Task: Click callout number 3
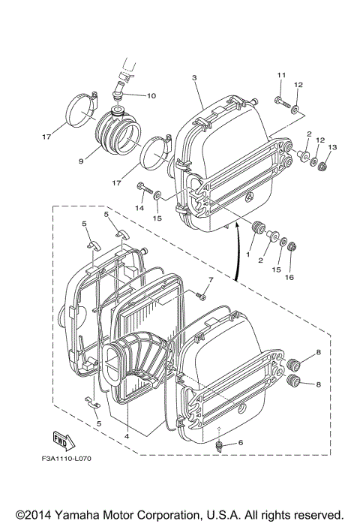[x=194, y=78]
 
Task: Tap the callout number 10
[x=151, y=95]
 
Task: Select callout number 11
[x=282, y=75]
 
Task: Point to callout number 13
[x=333, y=147]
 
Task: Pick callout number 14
[x=139, y=208]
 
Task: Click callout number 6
[x=241, y=444]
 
